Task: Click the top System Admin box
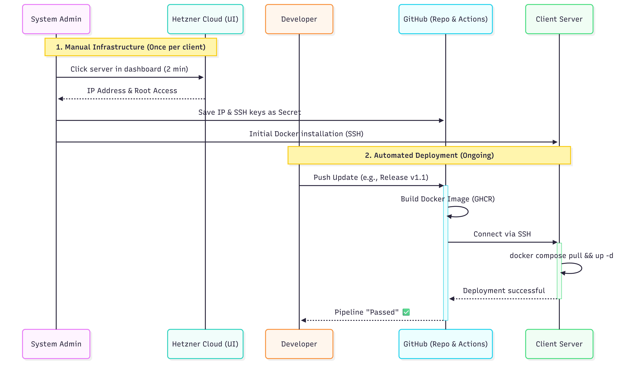[x=56, y=19]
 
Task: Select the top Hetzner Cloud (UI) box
[x=205, y=19]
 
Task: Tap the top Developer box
[x=299, y=19]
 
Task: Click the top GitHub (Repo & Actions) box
[x=445, y=19]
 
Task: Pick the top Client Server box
[x=559, y=19]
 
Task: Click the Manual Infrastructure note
[x=131, y=47]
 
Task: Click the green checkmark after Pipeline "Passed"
[x=406, y=312]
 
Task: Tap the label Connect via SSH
[x=502, y=234]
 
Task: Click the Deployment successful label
[x=504, y=291]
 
